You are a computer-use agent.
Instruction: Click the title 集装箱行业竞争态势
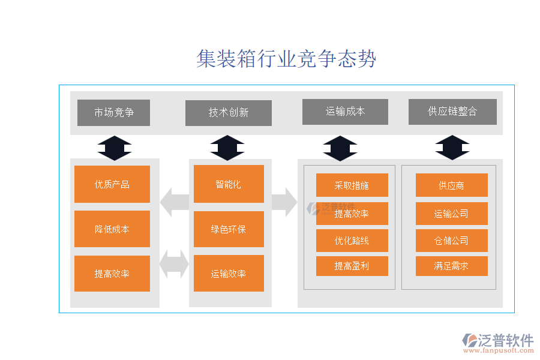point(286,59)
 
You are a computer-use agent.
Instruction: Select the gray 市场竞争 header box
point(113,112)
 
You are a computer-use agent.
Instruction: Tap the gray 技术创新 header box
point(228,113)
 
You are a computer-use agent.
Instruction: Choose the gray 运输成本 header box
point(345,112)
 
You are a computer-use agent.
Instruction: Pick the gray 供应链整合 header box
point(452,112)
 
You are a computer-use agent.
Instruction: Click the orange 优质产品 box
point(112,184)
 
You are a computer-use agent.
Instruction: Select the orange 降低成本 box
point(112,229)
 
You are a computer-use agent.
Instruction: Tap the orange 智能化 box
point(229,184)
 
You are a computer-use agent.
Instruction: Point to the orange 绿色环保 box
point(229,229)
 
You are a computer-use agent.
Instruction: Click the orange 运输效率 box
point(229,274)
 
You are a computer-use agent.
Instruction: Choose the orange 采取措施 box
point(352,185)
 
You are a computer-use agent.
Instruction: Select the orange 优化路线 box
point(352,241)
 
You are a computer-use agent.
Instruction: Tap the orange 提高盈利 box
point(352,266)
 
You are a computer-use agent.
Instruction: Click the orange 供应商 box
point(451,185)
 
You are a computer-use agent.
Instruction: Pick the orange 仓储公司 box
point(451,241)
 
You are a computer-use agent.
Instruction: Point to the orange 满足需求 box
point(451,266)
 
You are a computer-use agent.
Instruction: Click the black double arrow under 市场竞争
point(114,148)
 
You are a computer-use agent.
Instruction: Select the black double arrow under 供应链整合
point(452,148)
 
